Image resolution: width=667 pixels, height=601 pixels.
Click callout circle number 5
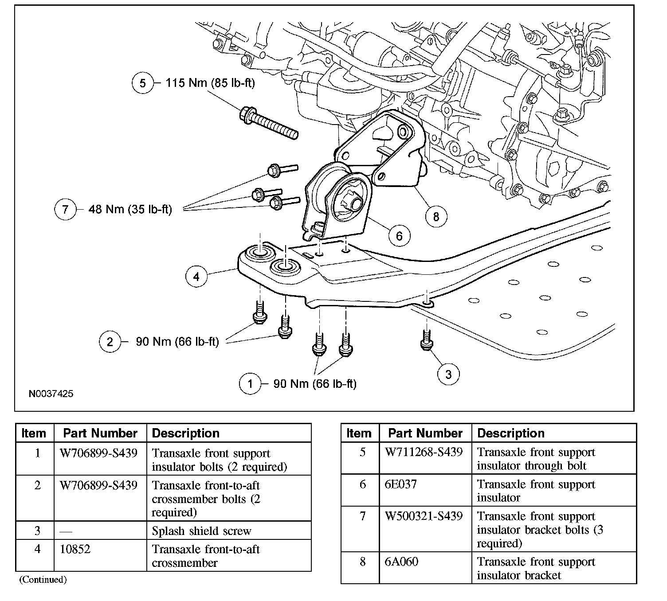coord(142,83)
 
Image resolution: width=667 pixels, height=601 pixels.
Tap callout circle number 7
coord(65,209)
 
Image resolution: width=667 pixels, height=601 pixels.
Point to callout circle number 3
coord(448,374)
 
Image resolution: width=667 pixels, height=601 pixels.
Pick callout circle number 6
coord(399,236)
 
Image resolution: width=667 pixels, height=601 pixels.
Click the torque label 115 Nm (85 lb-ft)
coord(210,83)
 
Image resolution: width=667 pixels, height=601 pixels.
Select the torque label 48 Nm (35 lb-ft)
coord(130,209)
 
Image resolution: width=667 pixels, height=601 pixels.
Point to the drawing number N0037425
coord(51,394)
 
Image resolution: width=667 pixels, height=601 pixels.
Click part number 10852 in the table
coord(75,549)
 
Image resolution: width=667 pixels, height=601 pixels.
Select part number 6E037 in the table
coord(401,484)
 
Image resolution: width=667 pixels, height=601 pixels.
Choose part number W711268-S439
coord(424,452)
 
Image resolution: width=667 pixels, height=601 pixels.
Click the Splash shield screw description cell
coord(201,531)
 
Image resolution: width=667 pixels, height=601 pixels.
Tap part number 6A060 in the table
coord(401,562)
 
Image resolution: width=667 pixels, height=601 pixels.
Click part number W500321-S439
coord(424,516)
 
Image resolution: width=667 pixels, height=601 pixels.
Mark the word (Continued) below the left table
coord(43,579)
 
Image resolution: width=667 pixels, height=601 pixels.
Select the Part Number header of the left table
coord(100,433)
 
